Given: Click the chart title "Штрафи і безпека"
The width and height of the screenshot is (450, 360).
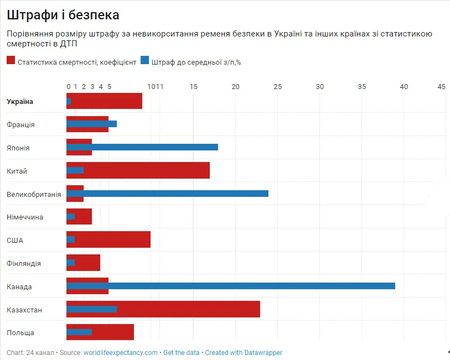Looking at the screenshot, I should (x=63, y=15).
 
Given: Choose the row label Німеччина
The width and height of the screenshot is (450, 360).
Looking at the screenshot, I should (x=25, y=217).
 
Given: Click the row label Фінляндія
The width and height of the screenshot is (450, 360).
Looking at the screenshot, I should (x=24, y=264).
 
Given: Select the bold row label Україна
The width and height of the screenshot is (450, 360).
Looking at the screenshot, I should (x=20, y=102).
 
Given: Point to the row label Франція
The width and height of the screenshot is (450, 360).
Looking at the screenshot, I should (x=20, y=125).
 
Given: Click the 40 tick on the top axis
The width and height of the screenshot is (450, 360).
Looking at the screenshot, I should (x=404, y=87).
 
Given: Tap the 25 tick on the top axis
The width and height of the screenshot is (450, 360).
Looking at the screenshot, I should (x=278, y=87).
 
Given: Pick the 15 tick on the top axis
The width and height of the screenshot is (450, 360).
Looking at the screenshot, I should (x=194, y=87).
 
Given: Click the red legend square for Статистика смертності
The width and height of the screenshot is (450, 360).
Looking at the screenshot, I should (x=11, y=61).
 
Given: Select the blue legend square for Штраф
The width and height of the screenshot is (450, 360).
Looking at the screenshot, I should (x=145, y=61).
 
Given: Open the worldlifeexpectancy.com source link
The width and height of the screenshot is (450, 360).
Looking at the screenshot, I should (x=121, y=353).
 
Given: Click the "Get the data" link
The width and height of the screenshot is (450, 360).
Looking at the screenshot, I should (x=181, y=353).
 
